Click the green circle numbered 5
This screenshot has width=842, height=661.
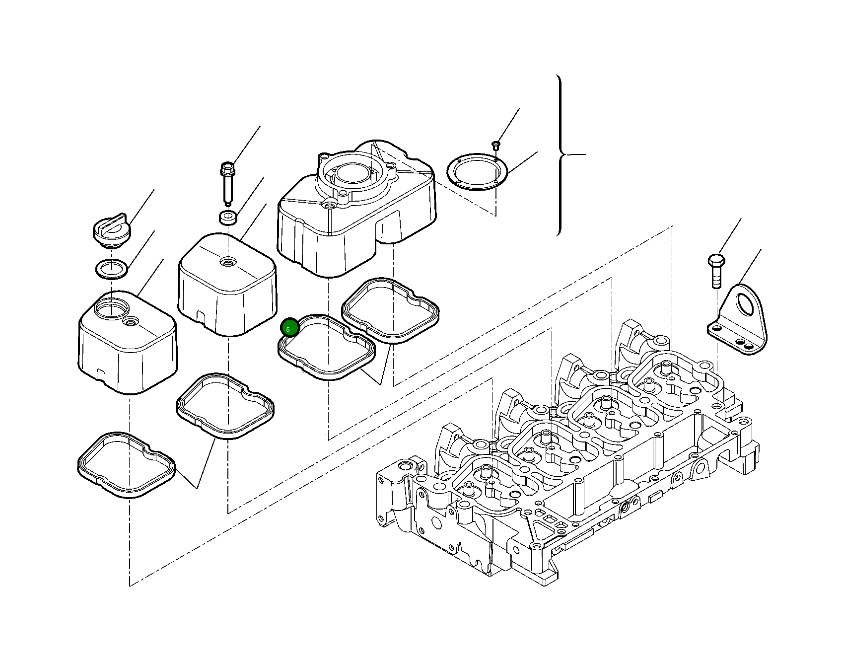tap(289, 328)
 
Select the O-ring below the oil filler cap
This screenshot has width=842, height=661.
tap(111, 269)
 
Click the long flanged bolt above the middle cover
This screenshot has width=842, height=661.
tap(227, 183)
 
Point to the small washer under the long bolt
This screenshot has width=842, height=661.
tap(228, 217)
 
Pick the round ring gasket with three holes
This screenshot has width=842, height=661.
tap(477, 171)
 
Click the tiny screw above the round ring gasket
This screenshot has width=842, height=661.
tap(495, 145)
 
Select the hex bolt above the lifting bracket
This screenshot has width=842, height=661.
tap(716, 271)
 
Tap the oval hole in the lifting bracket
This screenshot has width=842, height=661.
tap(745, 304)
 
